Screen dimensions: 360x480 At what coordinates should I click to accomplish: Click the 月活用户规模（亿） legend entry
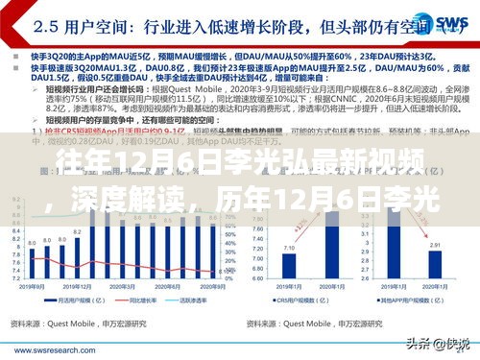(78, 300)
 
